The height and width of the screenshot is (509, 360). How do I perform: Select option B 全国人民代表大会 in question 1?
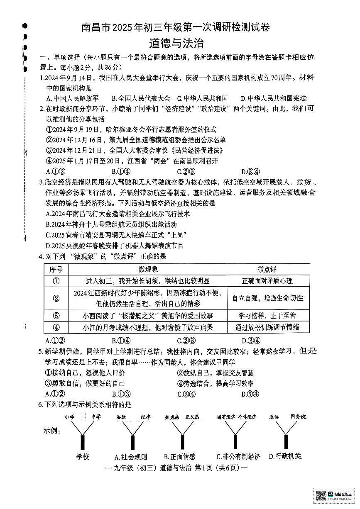coord(141,98)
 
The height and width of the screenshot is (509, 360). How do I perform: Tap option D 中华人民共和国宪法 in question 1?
coord(274,98)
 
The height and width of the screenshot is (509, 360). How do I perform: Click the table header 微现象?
coord(148,269)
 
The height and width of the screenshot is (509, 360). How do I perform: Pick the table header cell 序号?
coord(56,269)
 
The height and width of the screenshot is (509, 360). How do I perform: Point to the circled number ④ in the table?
coord(56,327)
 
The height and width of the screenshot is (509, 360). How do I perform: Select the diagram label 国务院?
coord(298,416)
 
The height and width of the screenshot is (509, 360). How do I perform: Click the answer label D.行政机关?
coord(285,456)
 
